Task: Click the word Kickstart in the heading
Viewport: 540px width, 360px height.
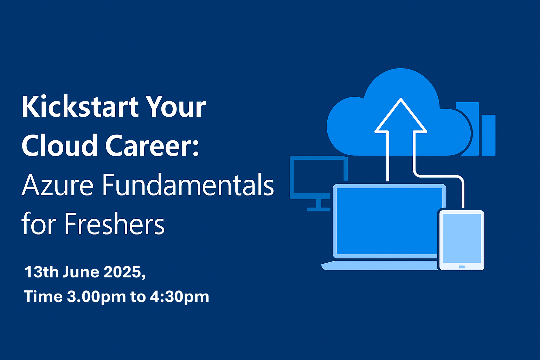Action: pos(80,107)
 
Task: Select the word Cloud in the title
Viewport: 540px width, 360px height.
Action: pos(59,145)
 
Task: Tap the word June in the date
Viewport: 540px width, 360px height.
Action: pos(81,272)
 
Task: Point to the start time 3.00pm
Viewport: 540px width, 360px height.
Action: pos(96,297)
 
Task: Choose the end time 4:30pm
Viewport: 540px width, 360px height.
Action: pos(179,297)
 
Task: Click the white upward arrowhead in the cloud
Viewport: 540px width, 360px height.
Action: pos(401,116)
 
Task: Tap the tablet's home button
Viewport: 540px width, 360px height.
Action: pos(462,266)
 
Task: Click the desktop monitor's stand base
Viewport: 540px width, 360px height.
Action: pos(319,209)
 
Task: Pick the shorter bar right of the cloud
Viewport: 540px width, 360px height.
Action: pos(488,135)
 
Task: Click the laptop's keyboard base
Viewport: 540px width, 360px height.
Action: pos(380,265)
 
